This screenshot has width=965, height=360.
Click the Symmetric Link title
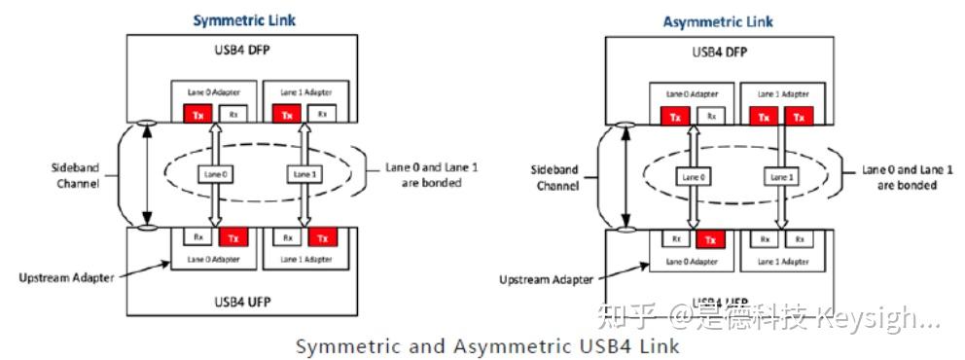pos(245,20)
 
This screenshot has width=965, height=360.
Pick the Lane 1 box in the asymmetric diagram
pos(780,177)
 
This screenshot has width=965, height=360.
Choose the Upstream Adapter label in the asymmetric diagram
pos(545,279)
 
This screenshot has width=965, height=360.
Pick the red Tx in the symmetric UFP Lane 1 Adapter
pos(319,236)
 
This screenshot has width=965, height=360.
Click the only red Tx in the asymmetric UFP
pos(712,239)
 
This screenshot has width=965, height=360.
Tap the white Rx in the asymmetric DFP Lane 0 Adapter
pos(712,116)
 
